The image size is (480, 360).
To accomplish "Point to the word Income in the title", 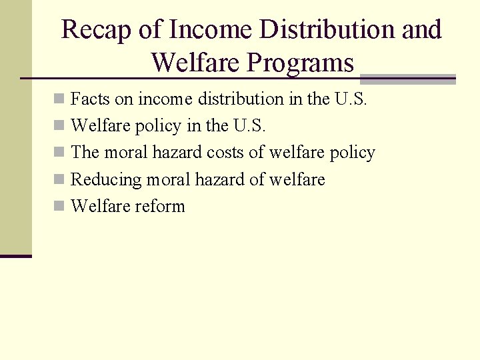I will [210, 30].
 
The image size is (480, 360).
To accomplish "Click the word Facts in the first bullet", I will [90, 99].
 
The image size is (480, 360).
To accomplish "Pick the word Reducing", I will [106, 179].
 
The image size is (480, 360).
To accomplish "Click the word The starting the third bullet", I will [85, 153].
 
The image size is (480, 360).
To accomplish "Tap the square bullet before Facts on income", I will [59, 99].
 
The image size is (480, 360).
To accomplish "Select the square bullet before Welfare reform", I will [59, 206].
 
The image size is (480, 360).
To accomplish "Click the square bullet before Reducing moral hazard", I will [59, 179].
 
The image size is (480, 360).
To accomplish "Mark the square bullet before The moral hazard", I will [59, 153].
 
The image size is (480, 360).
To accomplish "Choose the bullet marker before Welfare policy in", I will [59, 126].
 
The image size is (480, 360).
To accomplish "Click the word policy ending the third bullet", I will [353, 153].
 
